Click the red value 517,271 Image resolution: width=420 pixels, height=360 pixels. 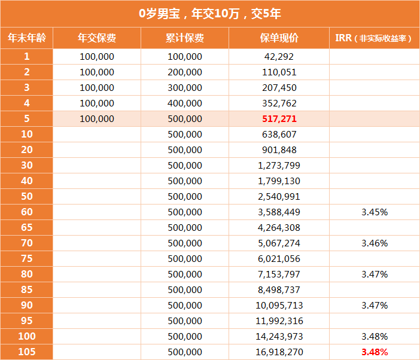pos(279,118)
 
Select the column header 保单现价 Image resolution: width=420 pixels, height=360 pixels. pos(279,38)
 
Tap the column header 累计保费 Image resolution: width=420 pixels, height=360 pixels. pos(184,38)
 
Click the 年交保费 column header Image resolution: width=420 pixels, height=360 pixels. pos(96,38)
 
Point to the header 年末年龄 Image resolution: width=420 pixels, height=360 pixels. pos(26,38)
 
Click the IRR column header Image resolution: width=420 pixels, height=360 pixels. pos(374,38)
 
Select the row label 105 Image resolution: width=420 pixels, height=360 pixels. pos(26,352)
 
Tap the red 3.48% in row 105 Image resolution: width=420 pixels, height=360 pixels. pos(375,352)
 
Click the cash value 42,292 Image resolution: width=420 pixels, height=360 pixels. pos(279,56)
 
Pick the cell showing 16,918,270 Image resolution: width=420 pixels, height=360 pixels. pos(279,352)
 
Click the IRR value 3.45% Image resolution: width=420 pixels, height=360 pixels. pos(375,212)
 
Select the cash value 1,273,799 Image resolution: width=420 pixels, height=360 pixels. pos(279,165)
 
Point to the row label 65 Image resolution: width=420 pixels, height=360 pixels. pos(26,227)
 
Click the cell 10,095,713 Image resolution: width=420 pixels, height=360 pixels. pos(279,305)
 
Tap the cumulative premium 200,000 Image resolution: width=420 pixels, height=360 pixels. pos(184,72)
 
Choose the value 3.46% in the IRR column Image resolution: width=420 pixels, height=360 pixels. pos(375,243)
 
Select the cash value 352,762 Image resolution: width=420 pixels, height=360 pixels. pos(279,103)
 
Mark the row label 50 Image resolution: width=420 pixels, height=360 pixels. pos(26,196)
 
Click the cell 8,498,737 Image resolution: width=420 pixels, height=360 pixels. pos(279,289)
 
